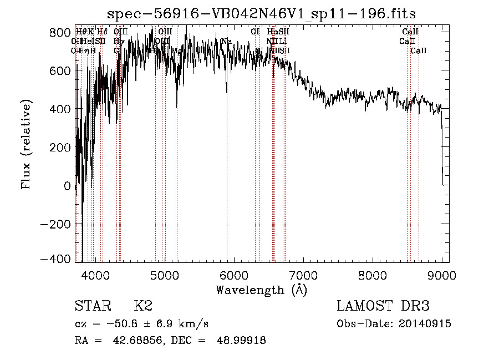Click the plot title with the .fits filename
pos(262,13)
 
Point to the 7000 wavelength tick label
pos(303,275)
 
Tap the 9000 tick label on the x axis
pos(442,275)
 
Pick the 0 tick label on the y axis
pos(68,186)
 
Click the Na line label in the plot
pos(226,42)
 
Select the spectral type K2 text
pos(143,306)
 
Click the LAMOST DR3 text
pos(383,306)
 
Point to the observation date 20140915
pos(425,324)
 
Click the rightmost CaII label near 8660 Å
pos(419,51)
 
